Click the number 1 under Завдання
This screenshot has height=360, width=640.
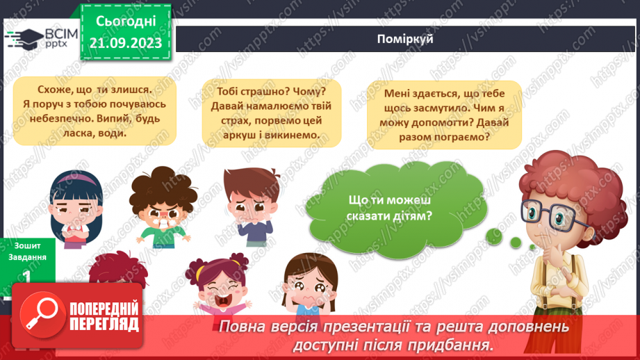(x=26, y=276)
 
